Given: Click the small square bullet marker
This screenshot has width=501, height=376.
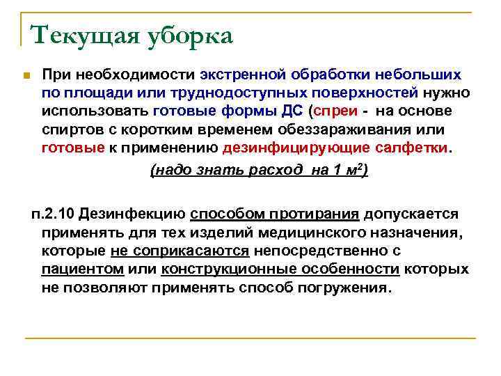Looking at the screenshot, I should point(24,75).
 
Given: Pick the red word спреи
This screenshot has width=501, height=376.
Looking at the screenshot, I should point(336,111).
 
